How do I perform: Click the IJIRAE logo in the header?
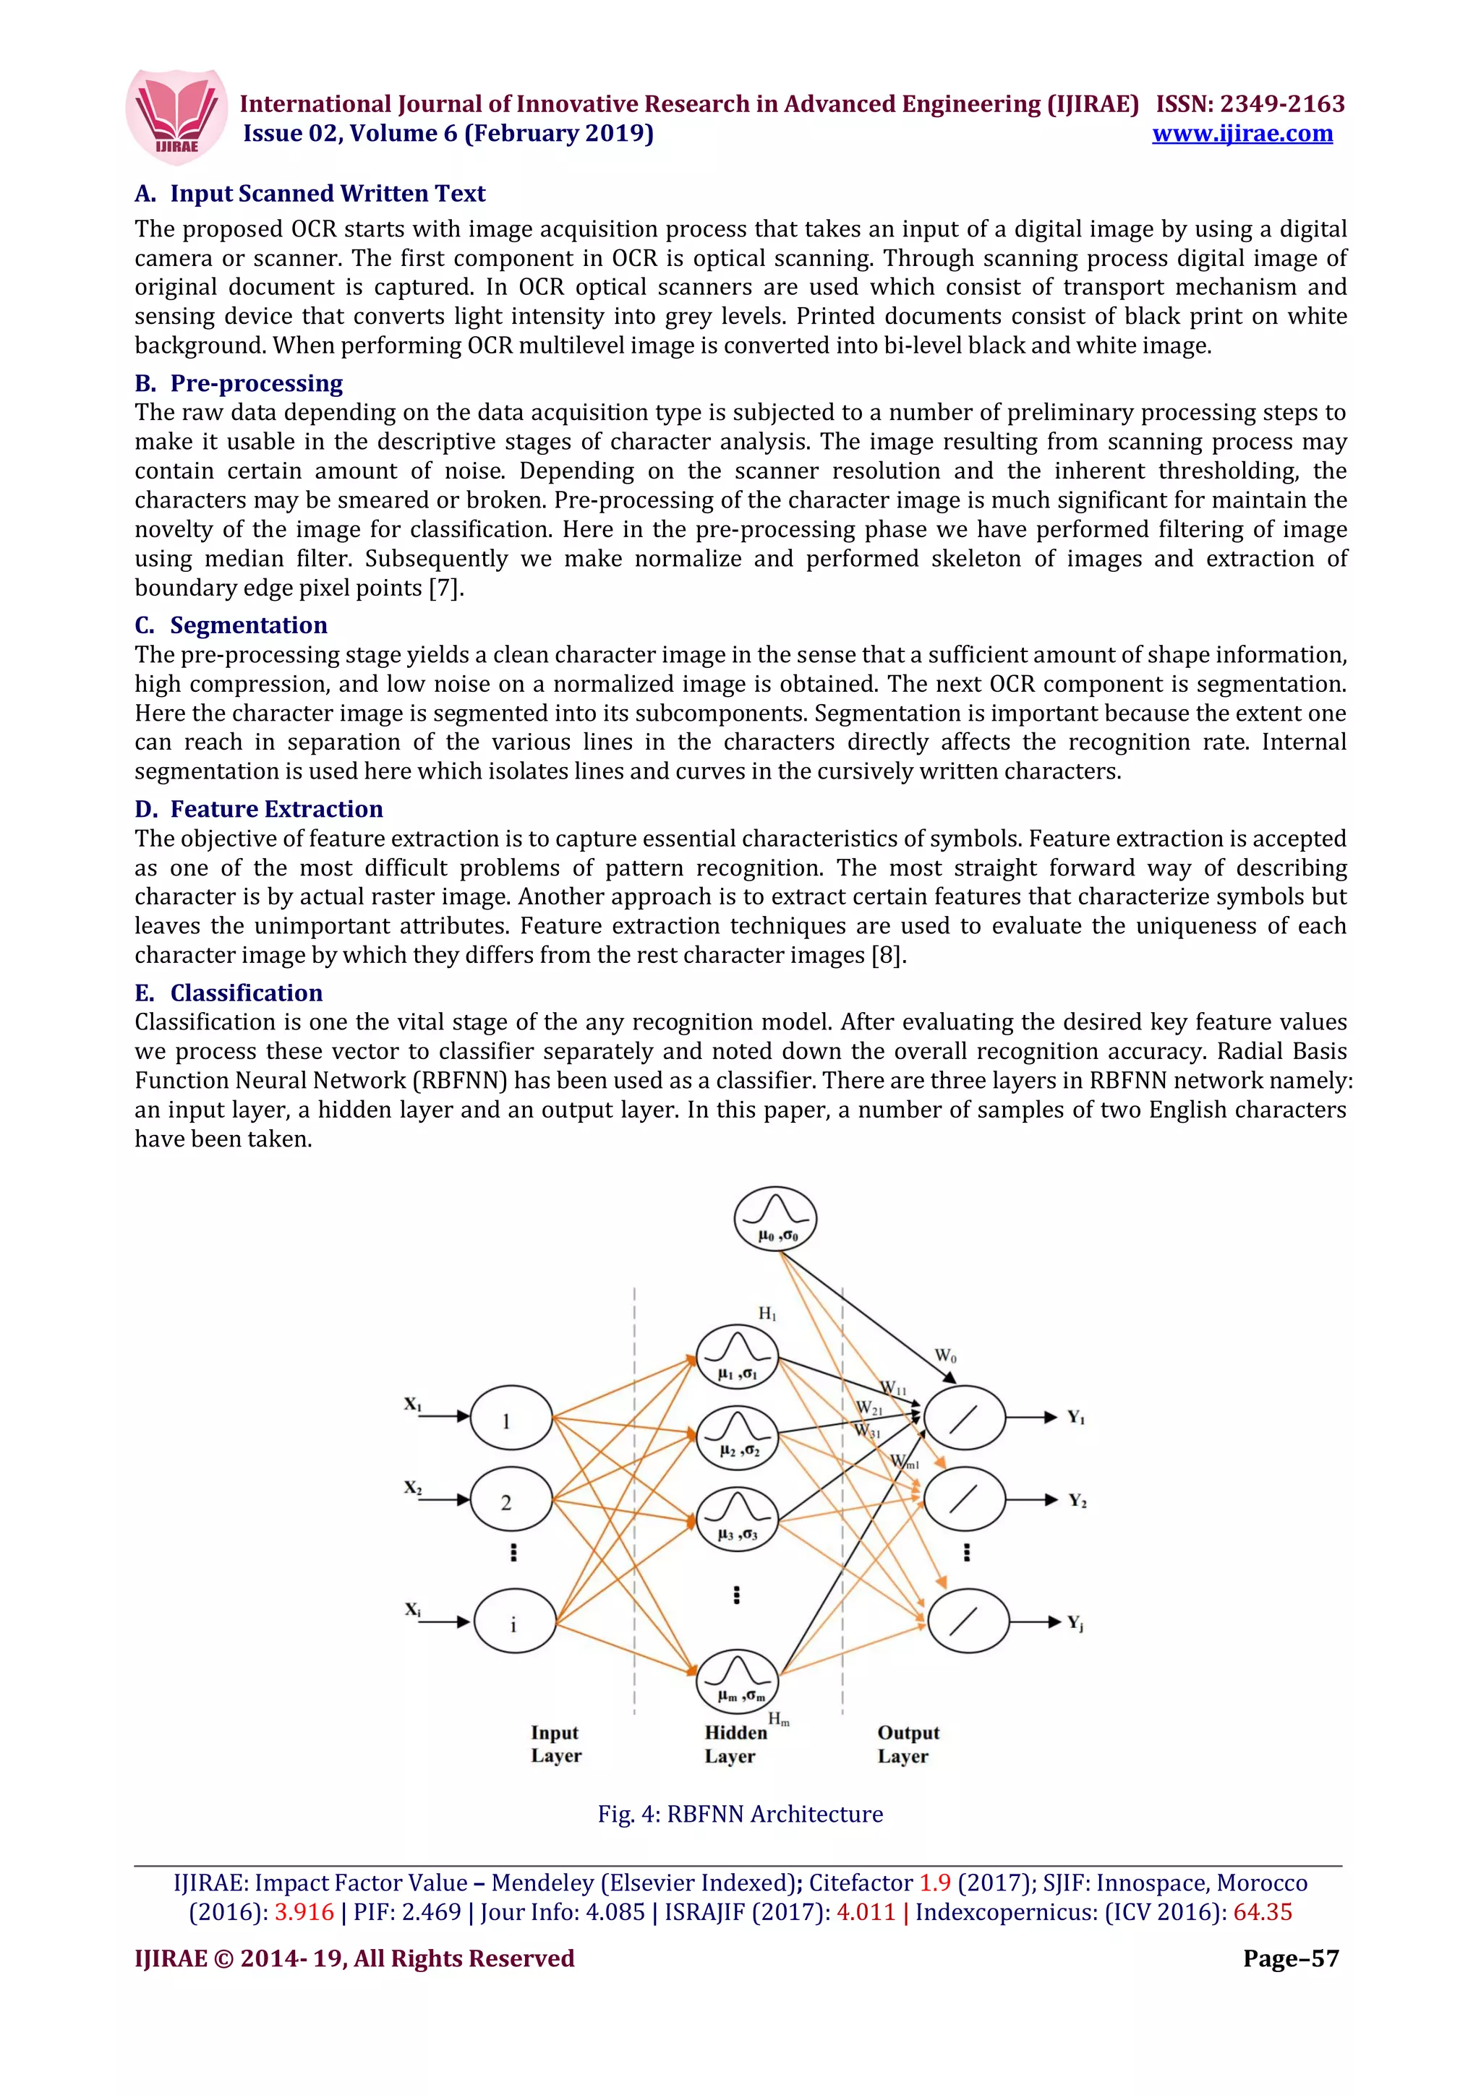click(x=176, y=117)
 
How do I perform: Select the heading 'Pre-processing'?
click(x=257, y=383)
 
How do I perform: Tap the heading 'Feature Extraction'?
click(x=276, y=810)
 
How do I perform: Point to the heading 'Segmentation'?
click(x=248, y=625)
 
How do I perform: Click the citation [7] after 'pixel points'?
click(x=445, y=588)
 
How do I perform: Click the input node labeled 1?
click(x=511, y=1418)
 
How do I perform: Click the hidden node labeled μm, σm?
click(x=738, y=1681)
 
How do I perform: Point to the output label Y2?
click(x=1077, y=1501)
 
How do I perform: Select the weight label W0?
click(x=945, y=1356)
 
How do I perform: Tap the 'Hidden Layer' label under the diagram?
click(x=735, y=1744)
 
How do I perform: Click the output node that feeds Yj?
click(x=968, y=1621)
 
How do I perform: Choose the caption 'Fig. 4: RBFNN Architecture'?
click(x=740, y=1814)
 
